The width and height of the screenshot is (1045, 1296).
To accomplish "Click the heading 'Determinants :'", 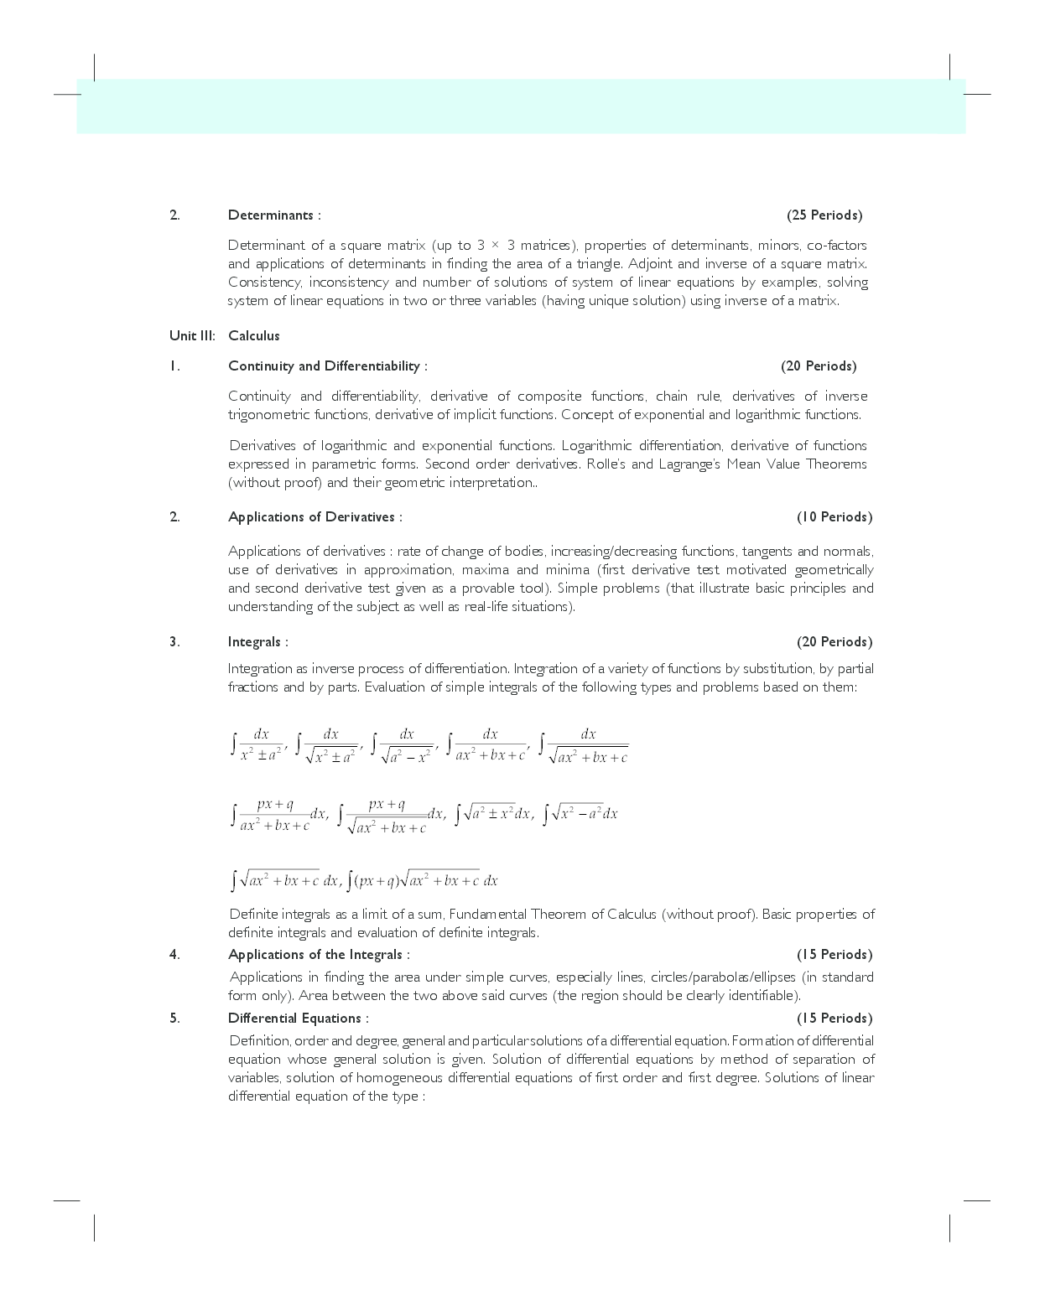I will click(x=273, y=215).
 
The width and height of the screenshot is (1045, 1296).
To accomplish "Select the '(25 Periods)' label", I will click(x=824, y=215).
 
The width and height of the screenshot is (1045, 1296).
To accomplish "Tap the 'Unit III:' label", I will click(x=192, y=336).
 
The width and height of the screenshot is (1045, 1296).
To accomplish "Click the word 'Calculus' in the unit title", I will click(x=254, y=336).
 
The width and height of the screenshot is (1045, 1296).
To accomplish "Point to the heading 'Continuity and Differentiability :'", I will click(x=327, y=366).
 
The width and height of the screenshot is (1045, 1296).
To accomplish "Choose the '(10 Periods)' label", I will click(x=834, y=517).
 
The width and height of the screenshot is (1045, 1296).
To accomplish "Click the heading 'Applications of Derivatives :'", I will click(x=315, y=517).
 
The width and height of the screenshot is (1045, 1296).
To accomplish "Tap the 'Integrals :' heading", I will click(x=257, y=642).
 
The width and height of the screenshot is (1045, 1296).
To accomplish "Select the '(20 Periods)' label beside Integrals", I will click(x=834, y=642).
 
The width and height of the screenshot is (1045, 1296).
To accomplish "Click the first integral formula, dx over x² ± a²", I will click(x=259, y=744).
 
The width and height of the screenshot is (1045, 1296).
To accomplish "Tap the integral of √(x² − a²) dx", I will click(x=580, y=813).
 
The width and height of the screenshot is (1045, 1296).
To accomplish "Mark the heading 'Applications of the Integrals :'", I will click(x=319, y=955).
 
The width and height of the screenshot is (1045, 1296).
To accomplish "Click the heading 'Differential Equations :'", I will click(x=298, y=1019).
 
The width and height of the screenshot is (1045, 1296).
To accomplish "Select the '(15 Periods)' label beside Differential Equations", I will click(x=834, y=1019).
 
